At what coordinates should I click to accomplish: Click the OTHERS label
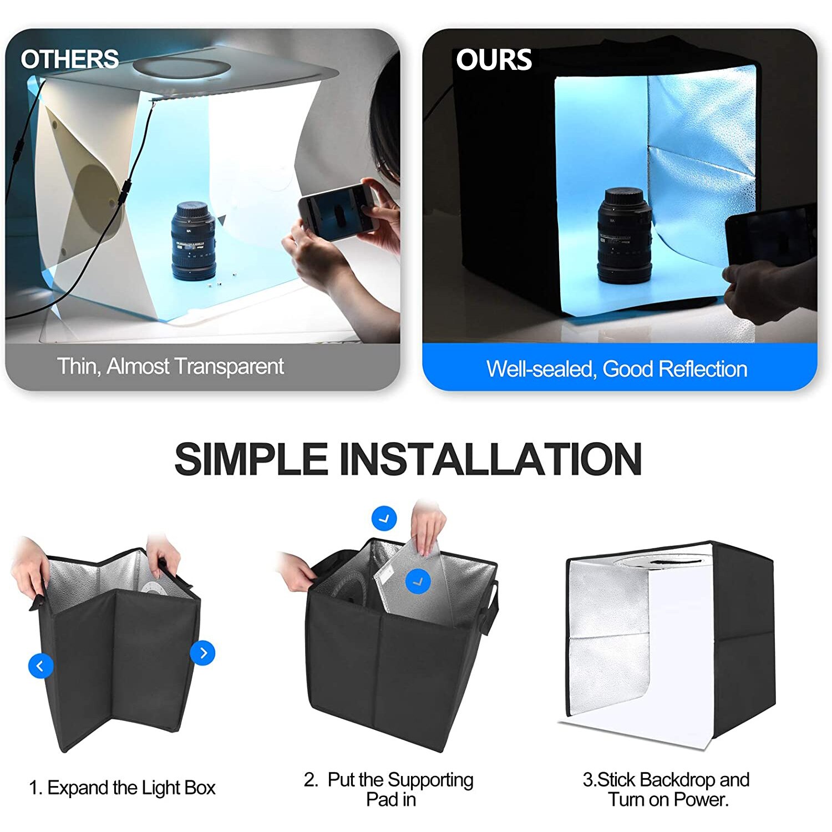(69, 59)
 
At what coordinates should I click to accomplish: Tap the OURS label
(494, 60)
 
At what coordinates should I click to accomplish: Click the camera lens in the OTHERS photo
(193, 241)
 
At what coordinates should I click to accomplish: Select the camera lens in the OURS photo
(625, 236)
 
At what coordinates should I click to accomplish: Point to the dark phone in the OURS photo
(771, 236)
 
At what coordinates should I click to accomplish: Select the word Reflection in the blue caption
(703, 369)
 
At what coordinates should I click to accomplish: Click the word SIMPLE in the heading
(251, 459)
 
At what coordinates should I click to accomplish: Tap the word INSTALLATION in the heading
(490, 459)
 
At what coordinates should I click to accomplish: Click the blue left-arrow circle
(40, 666)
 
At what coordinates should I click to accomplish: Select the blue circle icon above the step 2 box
(384, 519)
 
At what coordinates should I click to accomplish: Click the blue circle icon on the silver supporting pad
(418, 581)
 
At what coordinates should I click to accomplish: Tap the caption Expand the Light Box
(131, 788)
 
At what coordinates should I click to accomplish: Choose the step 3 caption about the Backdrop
(666, 789)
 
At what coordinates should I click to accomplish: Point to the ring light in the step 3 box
(663, 561)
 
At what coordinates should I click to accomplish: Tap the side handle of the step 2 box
(490, 607)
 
